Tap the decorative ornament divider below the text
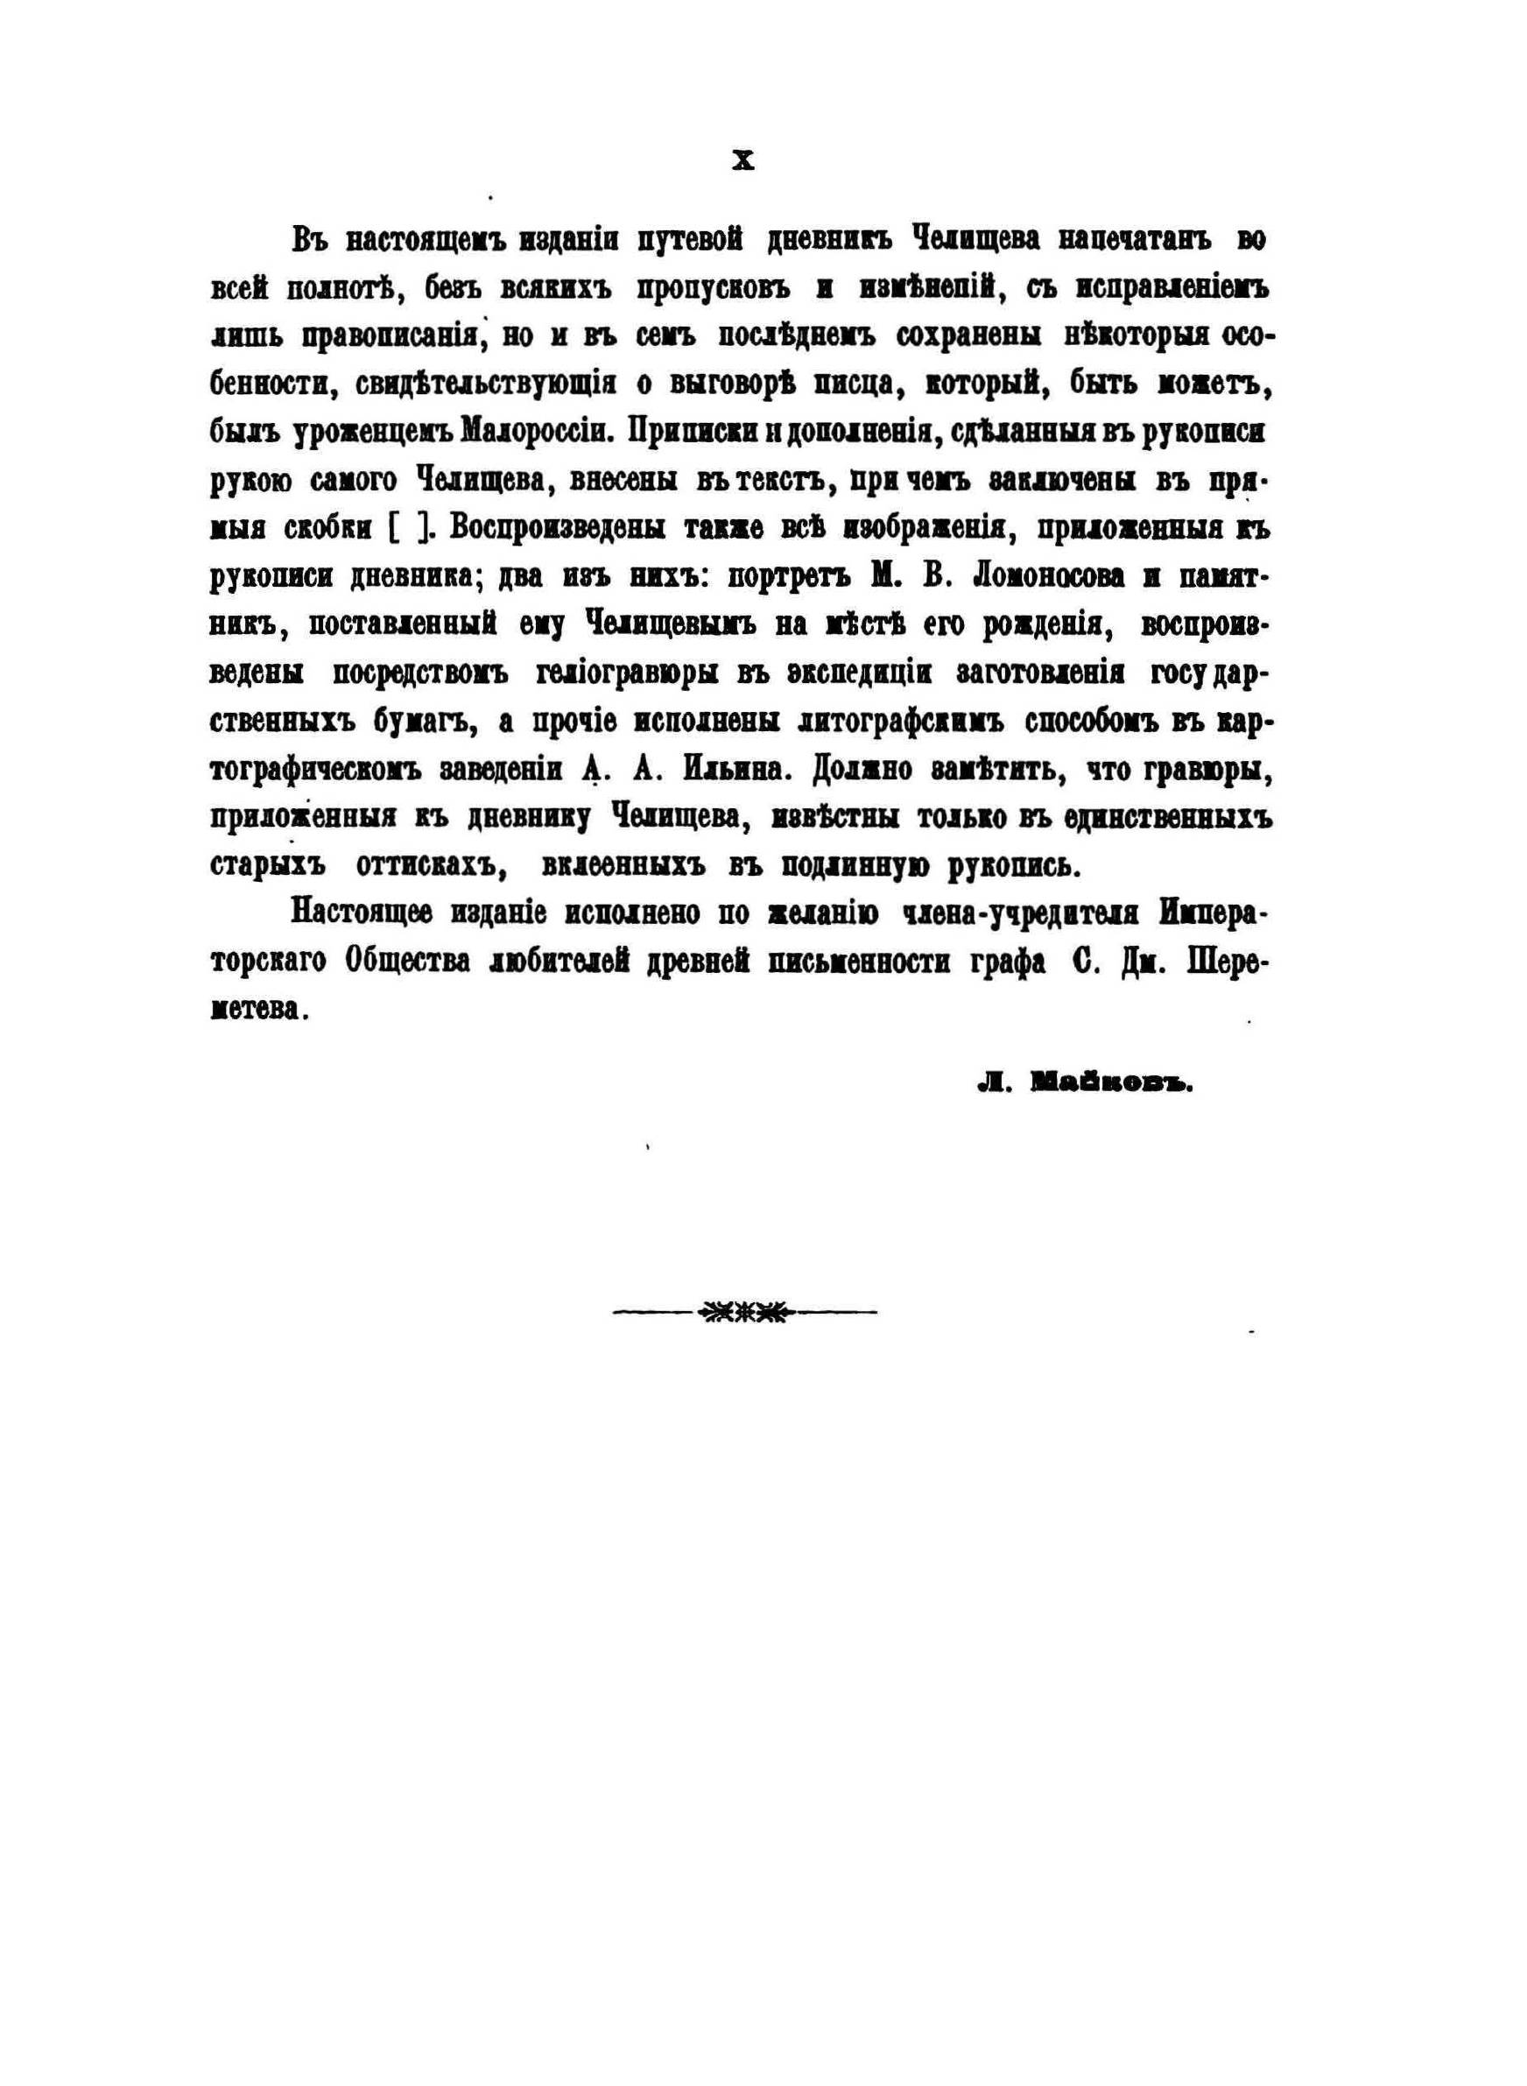744,1312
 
